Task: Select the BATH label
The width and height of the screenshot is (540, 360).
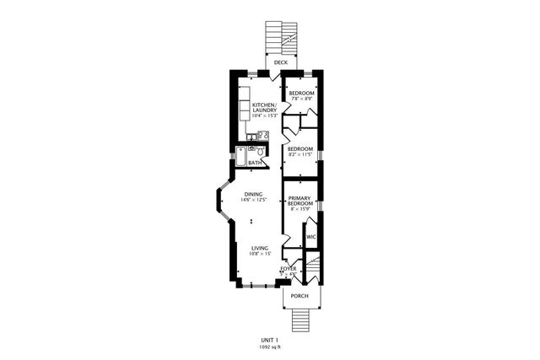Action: point(254,163)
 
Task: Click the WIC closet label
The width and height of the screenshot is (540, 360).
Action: point(310,238)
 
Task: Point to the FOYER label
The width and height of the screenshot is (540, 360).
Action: point(289,269)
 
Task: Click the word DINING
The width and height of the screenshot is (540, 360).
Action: point(253,194)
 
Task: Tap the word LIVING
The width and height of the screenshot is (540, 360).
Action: point(259,248)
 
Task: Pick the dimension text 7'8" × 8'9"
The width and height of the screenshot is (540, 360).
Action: point(301,99)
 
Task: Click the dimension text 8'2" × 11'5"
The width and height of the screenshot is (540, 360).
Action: point(300,155)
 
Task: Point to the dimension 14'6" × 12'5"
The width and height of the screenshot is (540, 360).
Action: point(253,200)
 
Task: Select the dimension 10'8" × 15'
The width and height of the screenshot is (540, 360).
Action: point(259,254)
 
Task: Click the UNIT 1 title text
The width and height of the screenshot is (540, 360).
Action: point(269,340)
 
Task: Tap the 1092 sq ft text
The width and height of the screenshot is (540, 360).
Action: point(269,347)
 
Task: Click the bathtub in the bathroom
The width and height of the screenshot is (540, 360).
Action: point(240,156)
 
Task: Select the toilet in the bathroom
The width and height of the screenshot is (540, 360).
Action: point(262,153)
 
